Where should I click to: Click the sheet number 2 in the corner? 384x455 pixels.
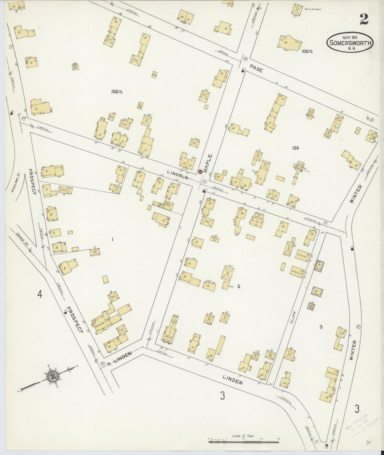click(x=364, y=19)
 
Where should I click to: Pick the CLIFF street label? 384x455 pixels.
click(x=293, y=317)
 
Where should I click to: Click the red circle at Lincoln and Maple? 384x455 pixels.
click(x=200, y=172)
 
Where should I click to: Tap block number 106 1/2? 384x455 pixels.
click(x=307, y=51)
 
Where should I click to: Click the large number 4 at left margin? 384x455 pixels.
click(x=39, y=295)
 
